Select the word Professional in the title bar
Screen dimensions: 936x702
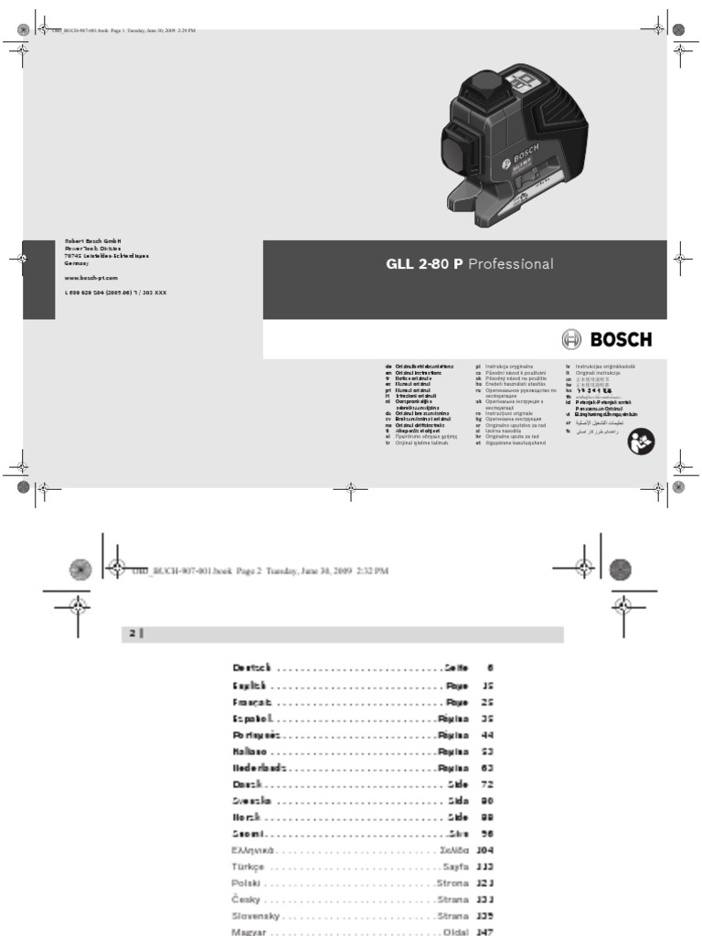(511, 264)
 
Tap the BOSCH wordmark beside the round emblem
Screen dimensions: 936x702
(621, 339)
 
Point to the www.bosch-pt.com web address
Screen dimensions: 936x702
(91, 275)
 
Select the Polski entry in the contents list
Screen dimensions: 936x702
(248, 884)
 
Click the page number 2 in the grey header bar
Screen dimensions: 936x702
(130, 633)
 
